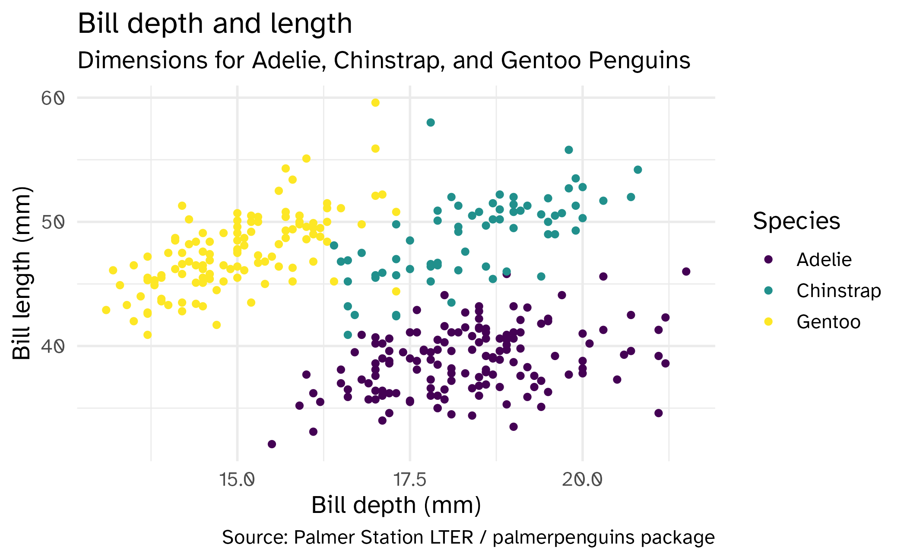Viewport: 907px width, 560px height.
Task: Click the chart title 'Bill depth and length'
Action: click(x=215, y=23)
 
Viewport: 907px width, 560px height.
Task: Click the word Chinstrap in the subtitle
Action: click(x=389, y=60)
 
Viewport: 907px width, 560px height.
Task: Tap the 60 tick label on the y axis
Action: click(x=53, y=98)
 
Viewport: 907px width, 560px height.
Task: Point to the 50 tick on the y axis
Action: click(x=53, y=222)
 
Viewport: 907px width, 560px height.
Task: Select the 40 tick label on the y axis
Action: click(x=53, y=346)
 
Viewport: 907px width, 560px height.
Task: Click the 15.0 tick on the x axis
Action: click(x=237, y=480)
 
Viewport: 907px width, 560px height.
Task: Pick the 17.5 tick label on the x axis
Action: click(x=409, y=480)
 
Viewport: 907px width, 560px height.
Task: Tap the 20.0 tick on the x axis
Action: click(x=582, y=480)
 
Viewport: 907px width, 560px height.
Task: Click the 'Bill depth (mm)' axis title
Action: click(x=396, y=505)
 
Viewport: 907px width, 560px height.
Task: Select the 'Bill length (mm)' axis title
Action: click(x=22, y=273)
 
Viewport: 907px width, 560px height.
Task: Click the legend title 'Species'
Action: click(x=796, y=221)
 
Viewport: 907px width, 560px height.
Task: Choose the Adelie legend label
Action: click(x=824, y=260)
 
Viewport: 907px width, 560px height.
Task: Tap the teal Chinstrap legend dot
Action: click(x=768, y=291)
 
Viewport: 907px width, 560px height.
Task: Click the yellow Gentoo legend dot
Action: click(x=768, y=322)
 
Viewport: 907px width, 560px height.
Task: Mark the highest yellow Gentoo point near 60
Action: click(x=375, y=103)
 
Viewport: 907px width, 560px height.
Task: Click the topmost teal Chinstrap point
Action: click(x=431, y=123)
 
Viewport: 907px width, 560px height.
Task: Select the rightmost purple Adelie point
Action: click(x=686, y=272)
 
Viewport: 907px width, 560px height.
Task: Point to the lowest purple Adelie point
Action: click(x=272, y=444)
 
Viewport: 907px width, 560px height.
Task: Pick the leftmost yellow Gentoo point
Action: click(x=106, y=310)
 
